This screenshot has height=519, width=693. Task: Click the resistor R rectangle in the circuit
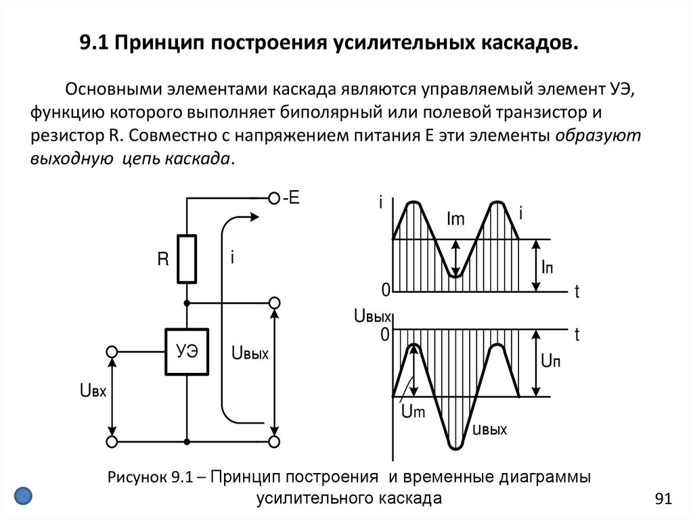(187, 259)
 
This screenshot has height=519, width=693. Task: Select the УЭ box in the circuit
(187, 351)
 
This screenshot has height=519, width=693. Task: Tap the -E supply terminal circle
(274, 198)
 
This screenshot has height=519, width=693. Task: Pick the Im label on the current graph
(456, 219)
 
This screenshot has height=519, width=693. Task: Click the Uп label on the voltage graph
(550, 361)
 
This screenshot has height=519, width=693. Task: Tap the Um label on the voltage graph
(412, 413)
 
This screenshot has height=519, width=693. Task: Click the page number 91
(663, 499)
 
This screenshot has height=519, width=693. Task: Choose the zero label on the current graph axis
(386, 291)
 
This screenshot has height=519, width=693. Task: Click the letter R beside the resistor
(162, 259)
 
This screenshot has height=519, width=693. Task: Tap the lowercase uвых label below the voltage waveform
(489, 428)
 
